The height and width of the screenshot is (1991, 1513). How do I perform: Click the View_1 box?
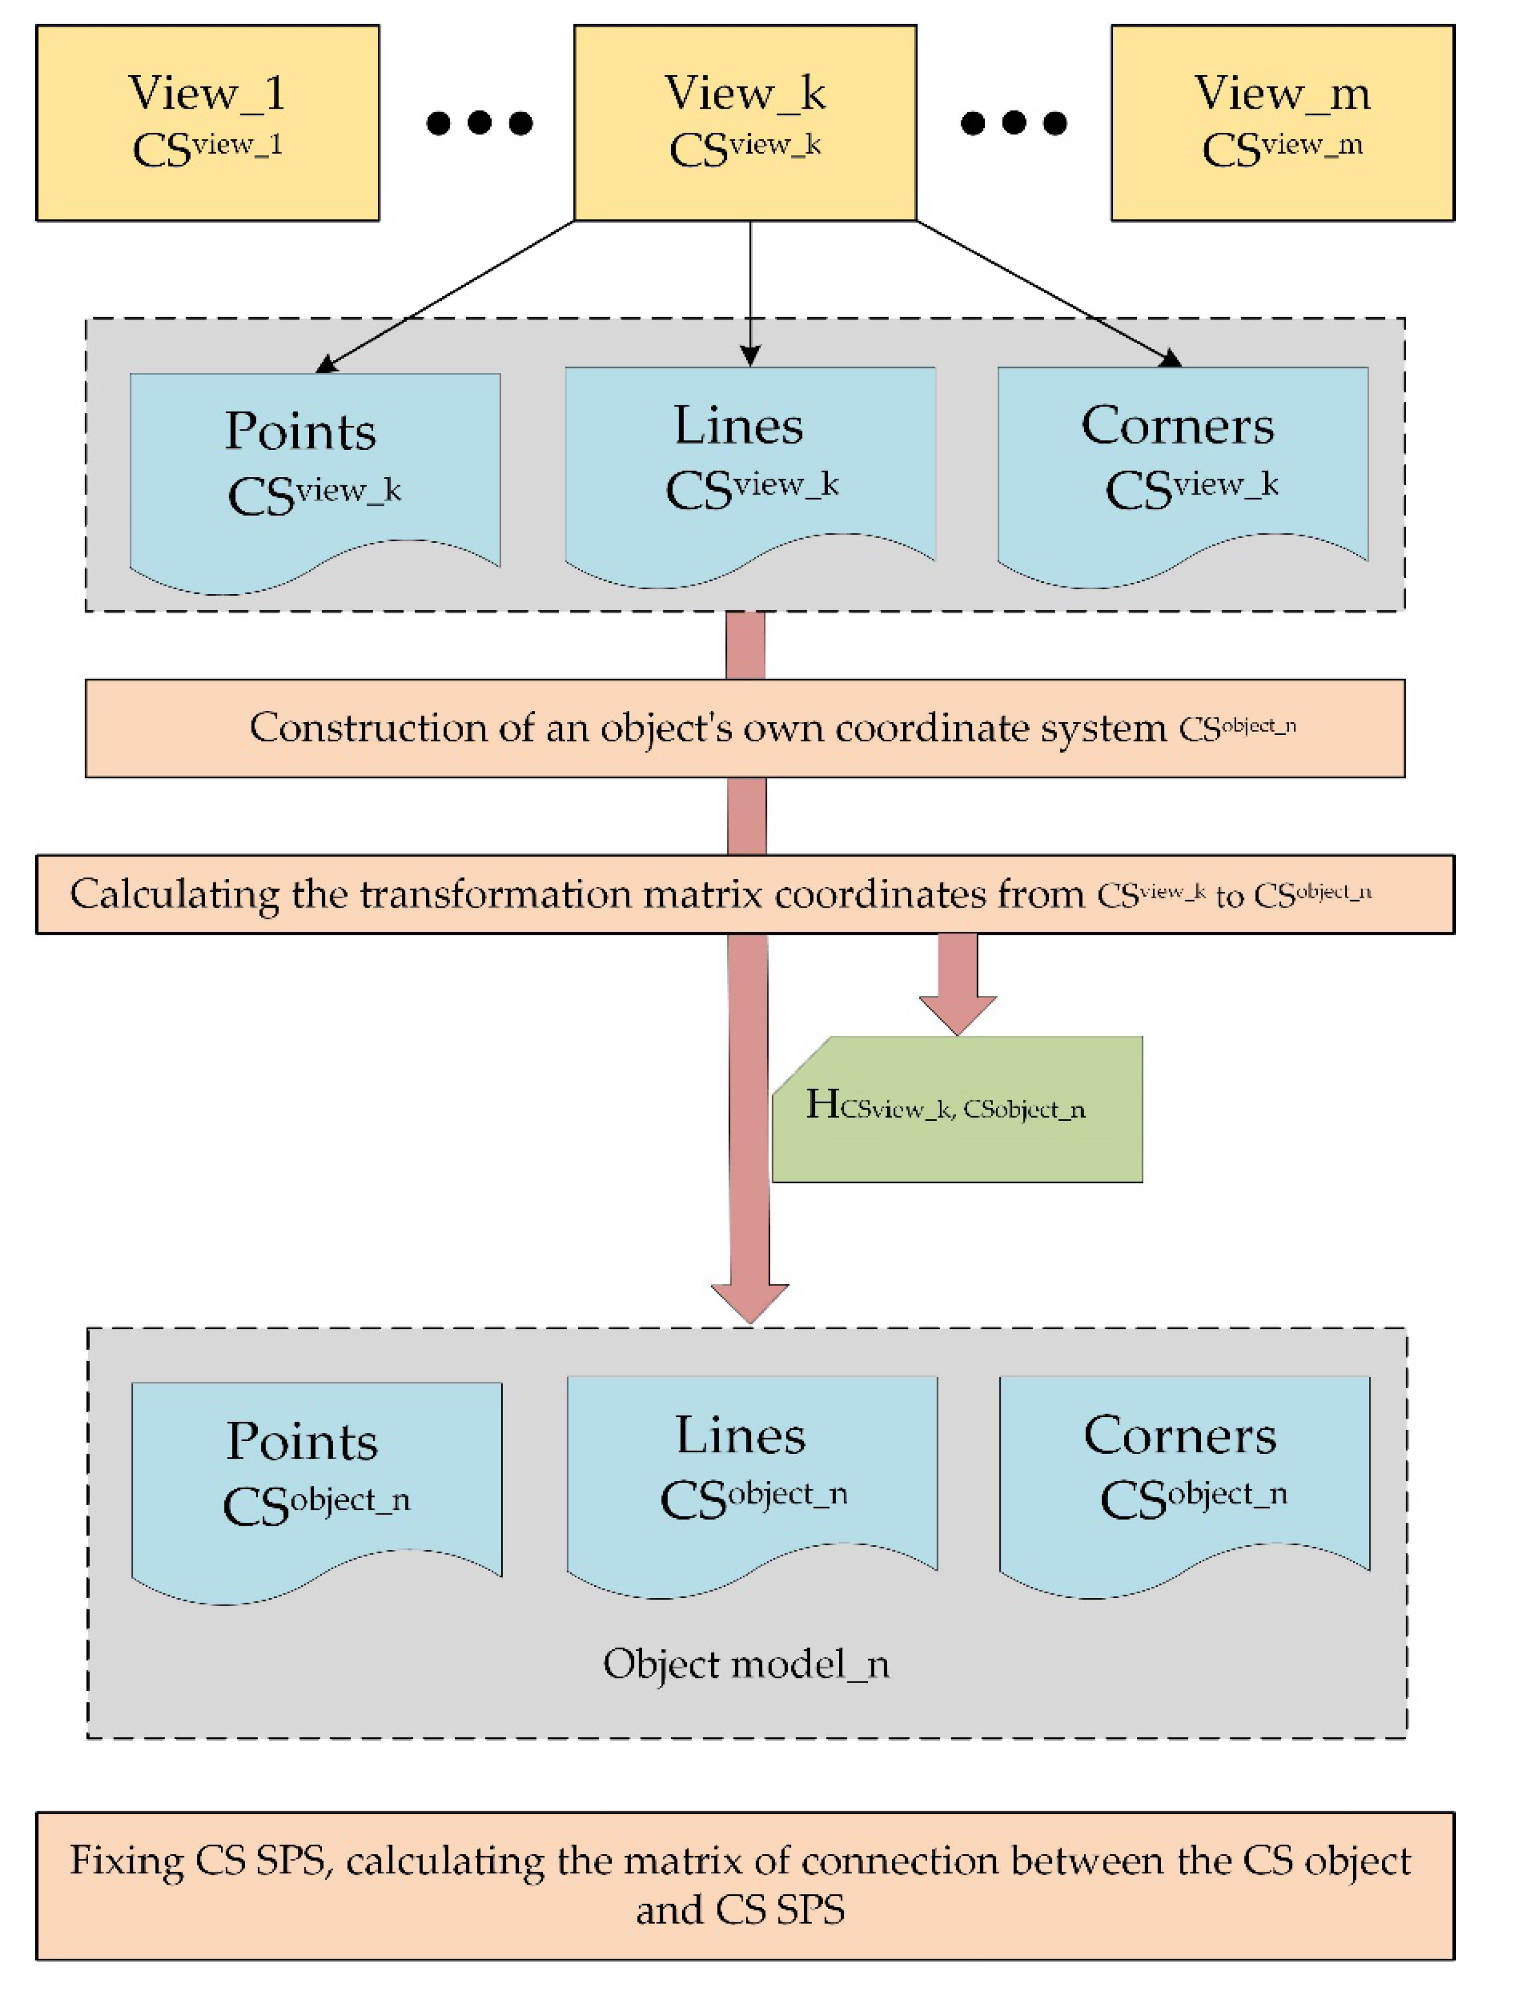coord(207,122)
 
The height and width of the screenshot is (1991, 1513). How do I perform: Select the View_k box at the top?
coord(745,122)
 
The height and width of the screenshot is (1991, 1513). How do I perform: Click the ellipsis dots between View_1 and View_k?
coord(479,122)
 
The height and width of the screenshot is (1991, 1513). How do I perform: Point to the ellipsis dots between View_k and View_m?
coord(1014,122)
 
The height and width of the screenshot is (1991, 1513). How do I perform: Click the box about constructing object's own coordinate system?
coord(745,728)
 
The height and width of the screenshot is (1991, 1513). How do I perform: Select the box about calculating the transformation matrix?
coord(745,894)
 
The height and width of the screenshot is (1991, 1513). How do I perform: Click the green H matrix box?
coord(957,1110)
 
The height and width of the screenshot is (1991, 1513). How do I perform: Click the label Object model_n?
coord(746,1664)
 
